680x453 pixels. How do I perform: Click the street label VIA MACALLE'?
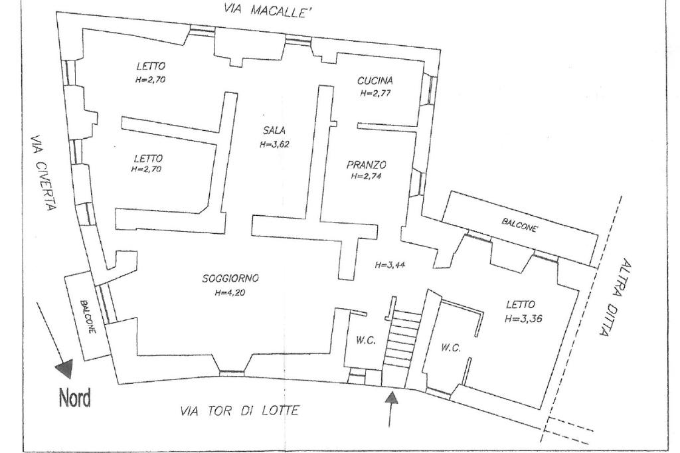click(268, 11)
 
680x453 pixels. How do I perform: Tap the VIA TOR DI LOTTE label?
click(239, 412)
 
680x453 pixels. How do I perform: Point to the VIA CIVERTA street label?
click(44, 174)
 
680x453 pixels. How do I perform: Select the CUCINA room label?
click(375, 81)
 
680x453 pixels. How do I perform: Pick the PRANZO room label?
click(367, 165)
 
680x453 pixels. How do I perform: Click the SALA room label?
click(274, 131)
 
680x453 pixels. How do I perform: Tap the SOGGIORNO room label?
click(230, 279)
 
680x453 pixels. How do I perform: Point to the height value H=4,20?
click(230, 292)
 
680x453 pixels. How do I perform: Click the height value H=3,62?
click(274, 143)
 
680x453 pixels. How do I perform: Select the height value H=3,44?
click(389, 264)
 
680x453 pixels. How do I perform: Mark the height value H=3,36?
click(523, 318)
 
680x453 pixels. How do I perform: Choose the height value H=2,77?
click(375, 94)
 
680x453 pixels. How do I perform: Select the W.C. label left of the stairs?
click(365, 341)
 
